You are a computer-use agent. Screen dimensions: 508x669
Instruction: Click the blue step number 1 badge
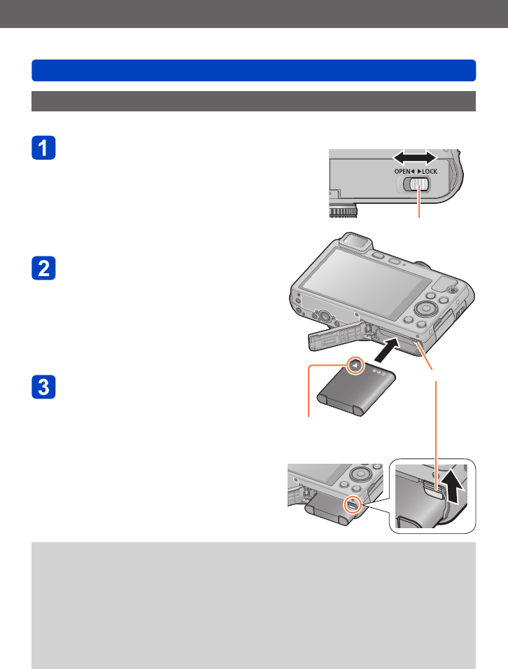[x=44, y=148]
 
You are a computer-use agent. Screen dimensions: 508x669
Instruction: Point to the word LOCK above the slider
[x=428, y=172]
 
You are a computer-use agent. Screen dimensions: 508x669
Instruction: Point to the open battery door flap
[x=336, y=335]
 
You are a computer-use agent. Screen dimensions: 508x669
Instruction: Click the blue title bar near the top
[x=253, y=71]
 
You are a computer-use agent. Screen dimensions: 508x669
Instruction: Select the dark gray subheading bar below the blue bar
[x=253, y=101]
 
